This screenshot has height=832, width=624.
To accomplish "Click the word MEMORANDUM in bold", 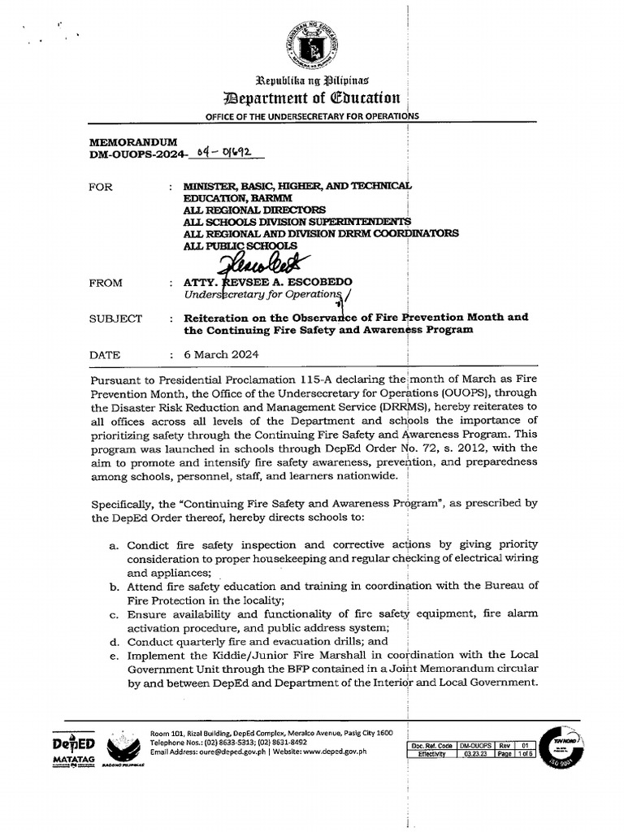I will [x=132, y=141].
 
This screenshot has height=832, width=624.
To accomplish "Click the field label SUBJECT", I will [x=115, y=318].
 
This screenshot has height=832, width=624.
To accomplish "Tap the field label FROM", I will [x=106, y=283].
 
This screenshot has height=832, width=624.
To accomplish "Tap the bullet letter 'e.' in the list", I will [x=115, y=655].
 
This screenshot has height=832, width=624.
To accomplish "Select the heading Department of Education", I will [x=312, y=98].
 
